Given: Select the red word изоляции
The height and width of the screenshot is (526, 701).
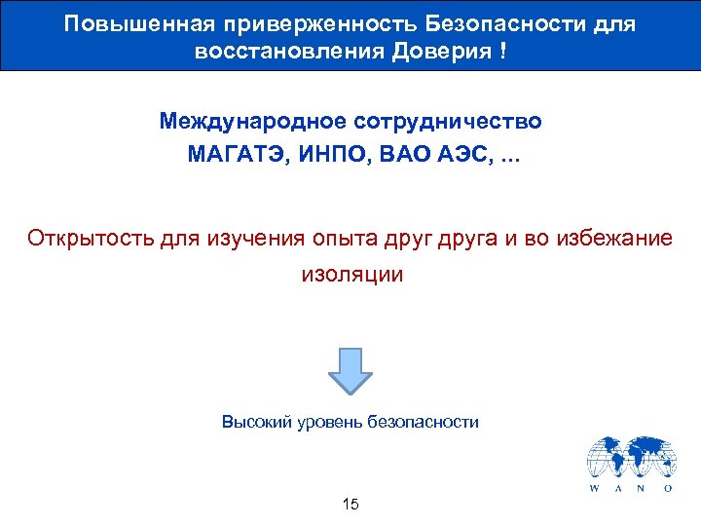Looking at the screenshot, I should [350, 275].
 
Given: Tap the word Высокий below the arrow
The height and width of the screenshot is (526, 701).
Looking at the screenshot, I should [252, 422].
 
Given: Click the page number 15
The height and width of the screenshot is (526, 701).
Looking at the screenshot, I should [350, 504].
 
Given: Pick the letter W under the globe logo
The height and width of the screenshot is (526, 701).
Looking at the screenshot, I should [593, 488].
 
